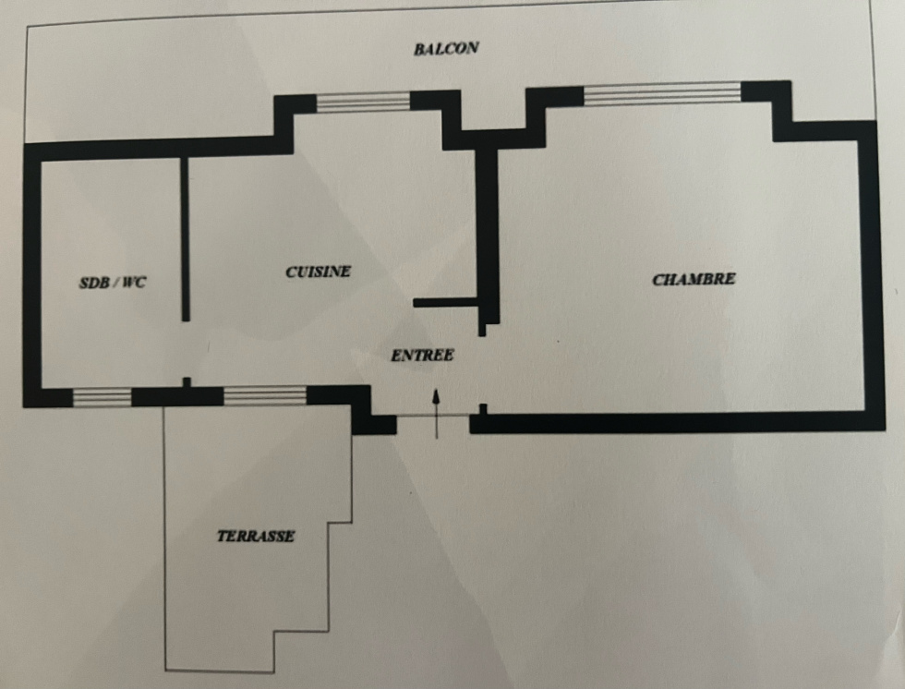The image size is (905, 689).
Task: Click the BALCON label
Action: (x=446, y=48)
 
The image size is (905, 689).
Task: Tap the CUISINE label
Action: (x=318, y=272)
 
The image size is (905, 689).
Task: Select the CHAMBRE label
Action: (x=694, y=279)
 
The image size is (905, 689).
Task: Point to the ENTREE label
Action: (x=422, y=356)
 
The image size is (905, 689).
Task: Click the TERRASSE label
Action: (x=256, y=536)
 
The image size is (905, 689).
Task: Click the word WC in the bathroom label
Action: (x=135, y=283)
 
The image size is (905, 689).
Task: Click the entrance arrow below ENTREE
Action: (x=436, y=414)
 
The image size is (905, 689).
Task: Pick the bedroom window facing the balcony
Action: (x=662, y=94)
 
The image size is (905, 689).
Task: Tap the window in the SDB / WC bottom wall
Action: (x=103, y=398)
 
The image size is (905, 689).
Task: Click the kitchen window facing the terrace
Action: (x=265, y=395)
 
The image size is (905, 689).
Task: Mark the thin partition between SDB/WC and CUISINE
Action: (x=186, y=238)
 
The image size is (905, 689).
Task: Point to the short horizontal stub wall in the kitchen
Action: (x=446, y=302)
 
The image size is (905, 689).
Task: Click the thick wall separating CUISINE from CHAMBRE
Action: (x=488, y=237)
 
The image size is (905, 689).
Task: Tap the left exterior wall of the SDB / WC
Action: (x=32, y=276)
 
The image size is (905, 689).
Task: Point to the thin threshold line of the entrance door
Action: (x=433, y=416)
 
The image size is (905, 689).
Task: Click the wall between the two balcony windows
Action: (x=493, y=136)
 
